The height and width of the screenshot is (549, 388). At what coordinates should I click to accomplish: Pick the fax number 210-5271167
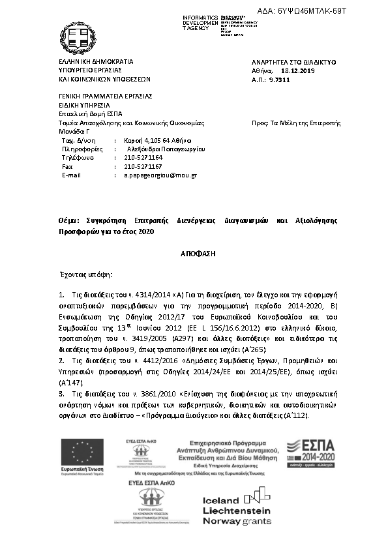tap(143, 166)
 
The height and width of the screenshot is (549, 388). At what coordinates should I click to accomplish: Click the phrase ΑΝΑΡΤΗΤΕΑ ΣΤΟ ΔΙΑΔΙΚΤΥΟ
tap(293, 61)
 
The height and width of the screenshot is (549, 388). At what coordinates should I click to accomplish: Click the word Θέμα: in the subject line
tap(68, 221)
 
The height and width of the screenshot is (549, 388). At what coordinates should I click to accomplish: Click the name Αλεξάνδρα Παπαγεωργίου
tap(163, 149)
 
